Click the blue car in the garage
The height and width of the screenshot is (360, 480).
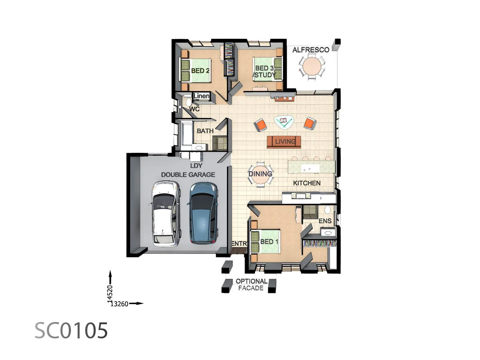pos(203,213)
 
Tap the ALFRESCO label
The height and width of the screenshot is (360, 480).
pos(311,50)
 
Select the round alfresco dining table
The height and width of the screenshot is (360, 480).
pos(312,66)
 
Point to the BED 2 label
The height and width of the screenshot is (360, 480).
pos(200,71)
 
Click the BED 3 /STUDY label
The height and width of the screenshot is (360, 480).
pos(265,72)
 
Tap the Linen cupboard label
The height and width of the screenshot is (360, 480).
pos(202,96)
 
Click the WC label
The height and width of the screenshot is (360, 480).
pos(194,109)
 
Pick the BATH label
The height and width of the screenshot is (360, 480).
pos(205,131)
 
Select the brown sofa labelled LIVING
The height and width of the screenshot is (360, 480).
pos(284,141)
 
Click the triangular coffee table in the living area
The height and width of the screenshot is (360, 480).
pos(284,122)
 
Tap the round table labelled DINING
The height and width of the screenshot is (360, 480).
pos(260,174)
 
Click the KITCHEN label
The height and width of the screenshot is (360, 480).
pos(307,183)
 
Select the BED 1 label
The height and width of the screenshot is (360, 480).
pos(269,242)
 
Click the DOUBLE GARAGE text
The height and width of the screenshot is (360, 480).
pos(188,175)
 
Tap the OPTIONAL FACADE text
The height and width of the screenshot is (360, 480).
pos(251,284)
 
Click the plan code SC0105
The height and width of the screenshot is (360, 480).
pos(71,331)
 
